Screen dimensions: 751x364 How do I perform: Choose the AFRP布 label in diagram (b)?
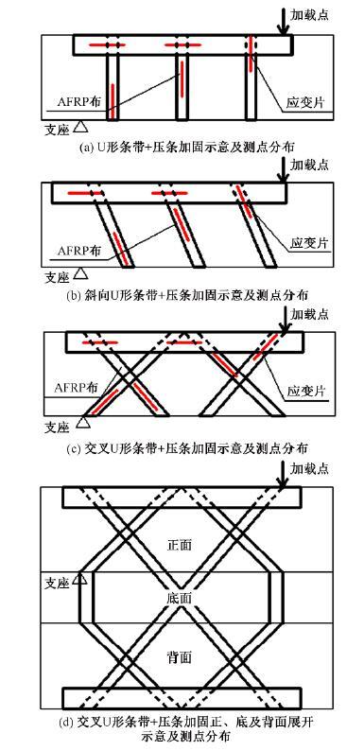pyautogui.click(x=67, y=253)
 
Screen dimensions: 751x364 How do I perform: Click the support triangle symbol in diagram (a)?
pyautogui.click(x=82, y=123)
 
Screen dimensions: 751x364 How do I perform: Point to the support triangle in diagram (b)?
pyautogui.click(x=82, y=273)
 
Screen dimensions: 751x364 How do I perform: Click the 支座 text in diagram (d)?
pyautogui.click(x=57, y=579)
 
